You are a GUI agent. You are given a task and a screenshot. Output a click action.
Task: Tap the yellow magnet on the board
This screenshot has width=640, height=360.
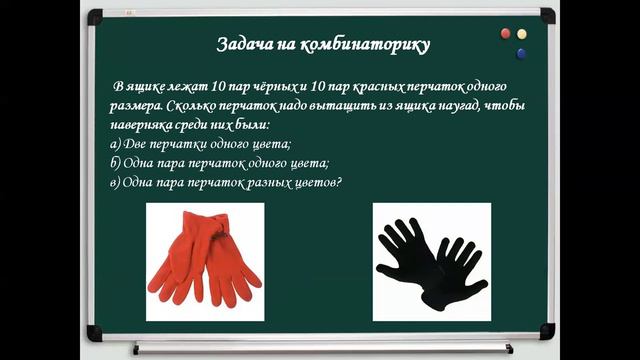(x=521, y=34)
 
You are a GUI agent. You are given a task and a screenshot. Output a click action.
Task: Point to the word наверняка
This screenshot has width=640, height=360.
(x=143, y=125)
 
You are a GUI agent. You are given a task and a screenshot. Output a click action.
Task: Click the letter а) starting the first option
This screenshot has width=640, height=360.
(x=116, y=144)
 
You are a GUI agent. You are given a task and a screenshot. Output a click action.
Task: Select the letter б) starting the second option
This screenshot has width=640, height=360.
(x=116, y=163)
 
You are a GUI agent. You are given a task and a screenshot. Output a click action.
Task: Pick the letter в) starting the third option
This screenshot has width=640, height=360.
(x=116, y=182)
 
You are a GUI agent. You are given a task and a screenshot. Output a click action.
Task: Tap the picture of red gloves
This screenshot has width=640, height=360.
(x=205, y=261)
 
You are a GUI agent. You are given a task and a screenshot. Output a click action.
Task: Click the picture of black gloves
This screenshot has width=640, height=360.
(x=432, y=261)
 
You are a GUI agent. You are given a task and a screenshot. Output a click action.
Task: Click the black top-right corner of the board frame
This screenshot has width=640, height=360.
(x=548, y=14)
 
